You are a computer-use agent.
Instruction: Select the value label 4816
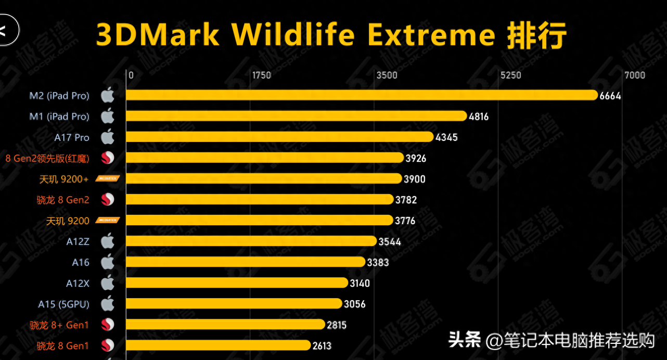479,117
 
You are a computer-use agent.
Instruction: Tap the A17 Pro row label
72,138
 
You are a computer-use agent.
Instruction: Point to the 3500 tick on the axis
387,75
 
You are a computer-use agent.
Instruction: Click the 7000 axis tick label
635,75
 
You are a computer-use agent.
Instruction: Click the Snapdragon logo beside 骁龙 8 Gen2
108,200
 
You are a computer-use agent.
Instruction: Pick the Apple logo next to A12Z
108,241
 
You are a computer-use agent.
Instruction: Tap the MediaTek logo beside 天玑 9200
108,221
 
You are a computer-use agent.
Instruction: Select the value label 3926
415,158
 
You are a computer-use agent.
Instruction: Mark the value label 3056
354,304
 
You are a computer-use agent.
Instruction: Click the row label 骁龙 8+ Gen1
59,325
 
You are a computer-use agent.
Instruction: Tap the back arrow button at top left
5,31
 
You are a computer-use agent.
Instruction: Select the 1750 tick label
261,75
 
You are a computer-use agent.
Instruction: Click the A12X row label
78,284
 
